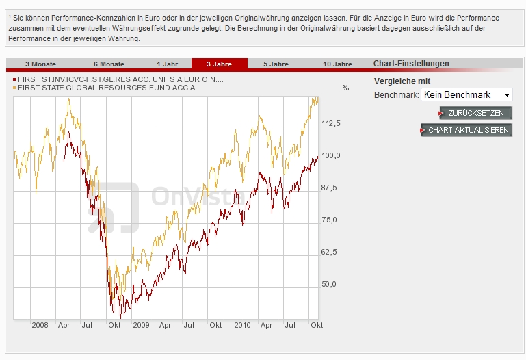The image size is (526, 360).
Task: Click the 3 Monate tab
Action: pyautogui.click(x=40, y=64)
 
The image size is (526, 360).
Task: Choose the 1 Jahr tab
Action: pyautogui.click(x=167, y=64)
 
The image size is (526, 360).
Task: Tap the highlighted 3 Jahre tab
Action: pyautogui.click(x=220, y=64)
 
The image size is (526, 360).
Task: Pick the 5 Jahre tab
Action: pyautogui.click(x=276, y=64)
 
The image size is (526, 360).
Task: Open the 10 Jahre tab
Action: pyautogui.click(x=337, y=64)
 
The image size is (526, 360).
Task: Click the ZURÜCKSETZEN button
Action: pyautogui.click(x=475, y=113)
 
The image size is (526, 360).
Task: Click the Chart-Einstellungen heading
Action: pyautogui.click(x=411, y=64)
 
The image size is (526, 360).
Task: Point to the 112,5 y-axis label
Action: pyautogui.click(x=331, y=123)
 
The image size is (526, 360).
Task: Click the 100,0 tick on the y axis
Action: pyautogui.click(x=331, y=155)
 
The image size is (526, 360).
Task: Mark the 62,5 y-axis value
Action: pyautogui.click(x=331, y=252)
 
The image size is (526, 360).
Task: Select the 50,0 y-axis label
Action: pyautogui.click(x=331, y=284)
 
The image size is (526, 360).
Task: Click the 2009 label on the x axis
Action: pyautogui.click(x=141, y=325)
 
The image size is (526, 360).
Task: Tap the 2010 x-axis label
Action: pyautogui.click(x=241, y=325)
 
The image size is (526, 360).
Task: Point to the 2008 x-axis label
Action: pyautogui.click(x=40, y=325)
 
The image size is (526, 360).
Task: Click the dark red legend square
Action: pyautogui.click(x=15, y=80)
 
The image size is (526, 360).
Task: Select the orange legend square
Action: pyautogui.click(x=15, y=88)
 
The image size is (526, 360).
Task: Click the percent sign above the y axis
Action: pyautogui.click(x=345, y=88)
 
